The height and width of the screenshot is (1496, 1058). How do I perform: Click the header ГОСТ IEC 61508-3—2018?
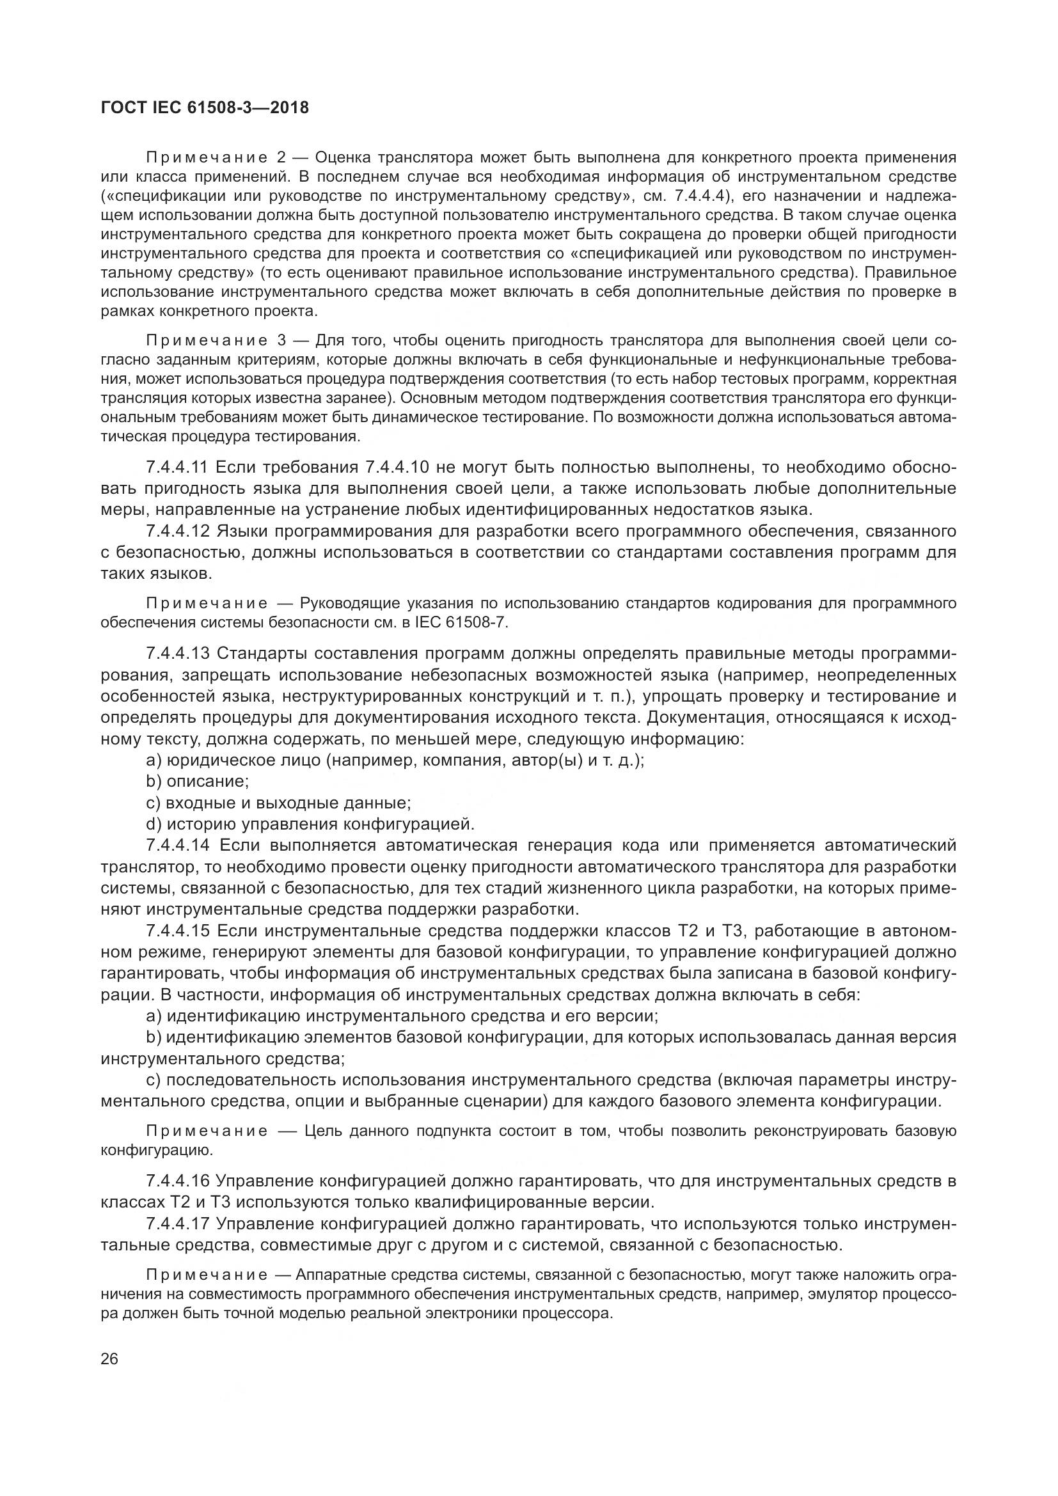coord(205,108)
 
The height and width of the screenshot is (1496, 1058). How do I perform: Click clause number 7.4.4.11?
coord(177,467)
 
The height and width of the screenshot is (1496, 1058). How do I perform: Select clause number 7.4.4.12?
coord(177,531)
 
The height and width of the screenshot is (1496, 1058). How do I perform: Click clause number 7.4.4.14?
coord(177,846)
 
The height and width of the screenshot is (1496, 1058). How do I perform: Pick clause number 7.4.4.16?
coord(177,1181)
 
